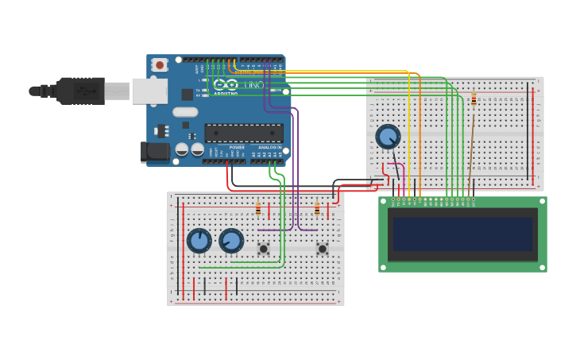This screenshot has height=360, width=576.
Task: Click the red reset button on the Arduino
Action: click(x=160, y=65)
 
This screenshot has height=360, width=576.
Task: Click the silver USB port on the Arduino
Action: click(x=149, y=91)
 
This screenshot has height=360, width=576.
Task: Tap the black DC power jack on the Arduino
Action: click(x=154, y=151)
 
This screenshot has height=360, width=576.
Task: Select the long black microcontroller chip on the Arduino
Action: click(x=243, y=133)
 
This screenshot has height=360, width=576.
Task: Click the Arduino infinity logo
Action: click(x=226, y=84)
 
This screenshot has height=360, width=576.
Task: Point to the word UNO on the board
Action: click(x=254, y=84)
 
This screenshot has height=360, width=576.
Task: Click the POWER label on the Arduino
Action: click(x=237, y=147)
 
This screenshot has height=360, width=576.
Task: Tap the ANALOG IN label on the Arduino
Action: click(x=268, y=147)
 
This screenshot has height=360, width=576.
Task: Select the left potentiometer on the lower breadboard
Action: click(x=199, y=240)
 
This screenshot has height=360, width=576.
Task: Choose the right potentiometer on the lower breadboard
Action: click(x=231, y=241)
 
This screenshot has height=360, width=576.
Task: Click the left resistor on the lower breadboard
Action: click(x=257, y=209)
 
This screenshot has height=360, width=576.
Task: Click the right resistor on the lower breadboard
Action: click(x=317, y=209)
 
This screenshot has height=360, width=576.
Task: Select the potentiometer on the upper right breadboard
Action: click(x=388, y=137)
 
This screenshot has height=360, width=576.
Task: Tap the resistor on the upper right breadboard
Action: click(x=474, y=99)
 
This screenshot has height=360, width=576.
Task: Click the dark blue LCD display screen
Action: click(x=462, y=234)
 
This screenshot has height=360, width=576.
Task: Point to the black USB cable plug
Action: click(x=79, y=91)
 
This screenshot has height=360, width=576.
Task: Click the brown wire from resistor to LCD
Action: click(x=470, y=151)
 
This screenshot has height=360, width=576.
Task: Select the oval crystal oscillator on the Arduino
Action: click(x=184, y=112)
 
